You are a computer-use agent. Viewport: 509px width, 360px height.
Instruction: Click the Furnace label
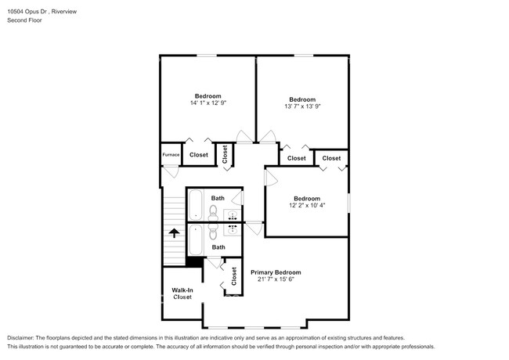[171, 155]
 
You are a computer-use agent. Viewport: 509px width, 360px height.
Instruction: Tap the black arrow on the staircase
[173, 232]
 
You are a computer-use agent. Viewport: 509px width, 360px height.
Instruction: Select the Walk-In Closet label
[182, 293]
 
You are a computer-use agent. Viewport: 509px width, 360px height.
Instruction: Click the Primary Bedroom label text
[276, 272]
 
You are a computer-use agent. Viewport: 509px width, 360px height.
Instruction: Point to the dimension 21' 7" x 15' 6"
[276, 281]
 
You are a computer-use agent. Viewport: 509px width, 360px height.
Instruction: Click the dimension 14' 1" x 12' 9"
[208, 103]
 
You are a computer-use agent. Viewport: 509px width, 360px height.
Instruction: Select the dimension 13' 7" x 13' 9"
[301, 107]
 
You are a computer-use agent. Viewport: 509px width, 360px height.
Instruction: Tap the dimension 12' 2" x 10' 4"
[306, 207]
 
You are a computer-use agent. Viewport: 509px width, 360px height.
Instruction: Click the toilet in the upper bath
[201, 211]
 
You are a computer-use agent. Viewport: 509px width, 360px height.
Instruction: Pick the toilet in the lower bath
[201, 232]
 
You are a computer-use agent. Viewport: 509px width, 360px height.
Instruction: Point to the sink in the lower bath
[233, 229]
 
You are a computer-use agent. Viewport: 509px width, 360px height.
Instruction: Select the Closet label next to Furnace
[199, 155]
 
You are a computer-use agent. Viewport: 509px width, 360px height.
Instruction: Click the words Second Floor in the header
[26, 20]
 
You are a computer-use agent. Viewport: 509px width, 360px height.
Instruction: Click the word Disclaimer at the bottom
[24, 337]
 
